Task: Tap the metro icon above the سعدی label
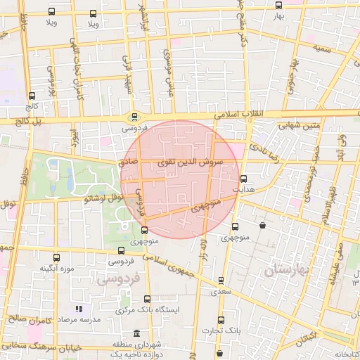(x=221, y=281)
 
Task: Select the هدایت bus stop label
(x=242, y=189)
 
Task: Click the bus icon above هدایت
(x=243, y=179)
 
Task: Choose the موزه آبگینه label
(x=57, y=268)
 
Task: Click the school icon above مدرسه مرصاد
(x=79, y=309)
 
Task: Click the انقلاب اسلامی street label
(x=241, y=114)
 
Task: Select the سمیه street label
(x=322, y=50)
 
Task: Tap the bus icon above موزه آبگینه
(x=57, y=257)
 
